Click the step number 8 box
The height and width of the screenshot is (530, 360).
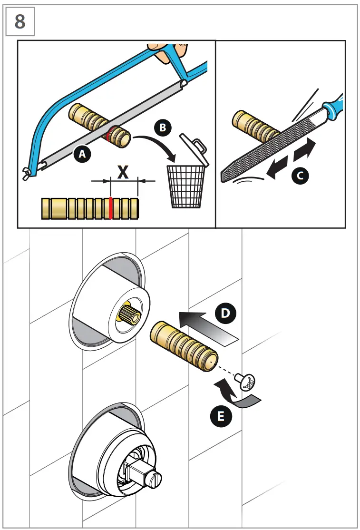(20, 22)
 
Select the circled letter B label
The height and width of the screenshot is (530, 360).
(162, 128)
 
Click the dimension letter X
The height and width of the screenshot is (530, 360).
(123, 171)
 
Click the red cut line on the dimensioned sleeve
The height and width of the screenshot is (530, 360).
(110, 208)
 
